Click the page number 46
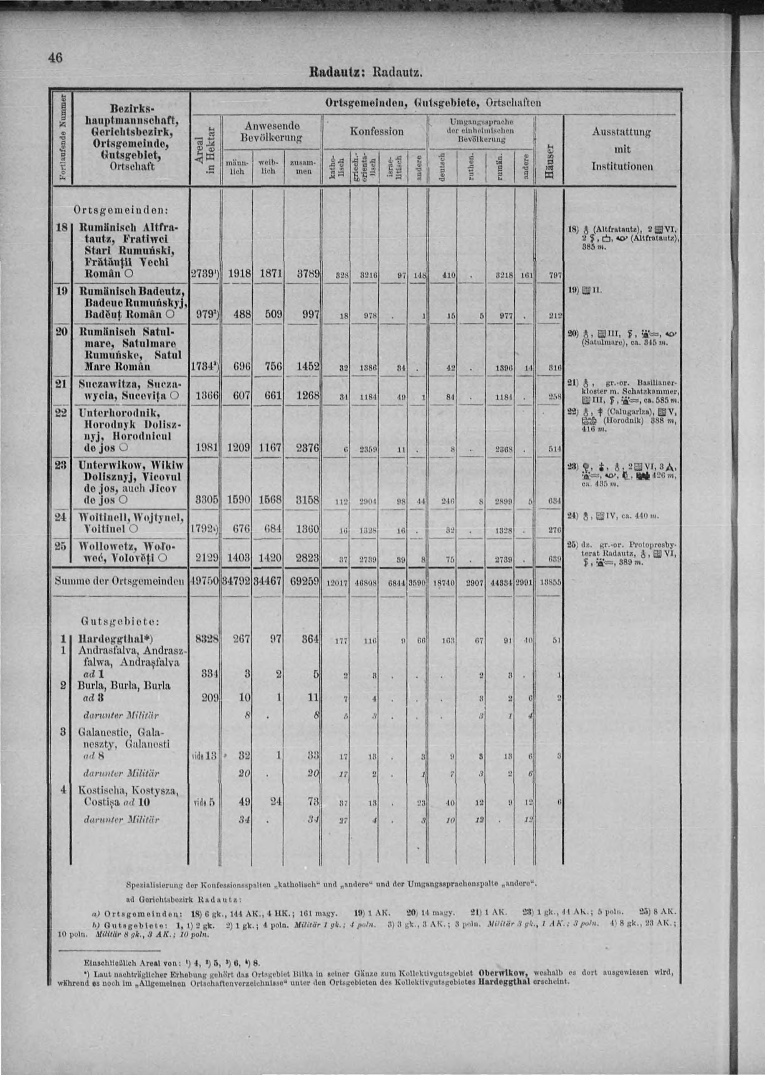tap(55, 58)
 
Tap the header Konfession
tap(376, 131)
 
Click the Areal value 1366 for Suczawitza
tap(205, 397)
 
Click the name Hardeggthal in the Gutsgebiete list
tap(115, 640)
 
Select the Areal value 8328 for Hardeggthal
tap(205, 640)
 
